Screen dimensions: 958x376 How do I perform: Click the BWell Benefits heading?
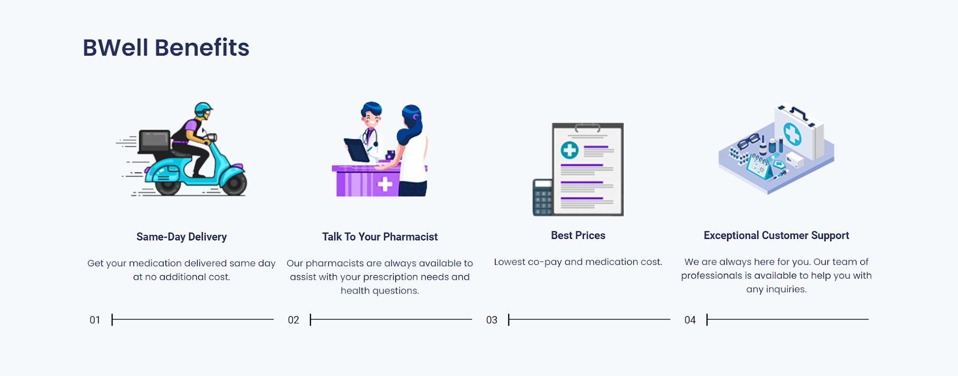click(x=166, y=47)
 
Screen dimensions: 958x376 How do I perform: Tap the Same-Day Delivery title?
click(x=182, y=237)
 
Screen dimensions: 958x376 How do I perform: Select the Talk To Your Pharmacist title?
click(x=380, y=237)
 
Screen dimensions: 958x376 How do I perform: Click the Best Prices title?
click(x=578, y=235)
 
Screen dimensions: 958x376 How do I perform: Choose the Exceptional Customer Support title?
click(x=776, y=235)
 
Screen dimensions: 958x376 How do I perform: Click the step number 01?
click(x=95, y=320)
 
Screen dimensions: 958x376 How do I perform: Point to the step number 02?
click(x=293, y=320)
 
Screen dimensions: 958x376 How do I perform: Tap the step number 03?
click(x=491, y=320)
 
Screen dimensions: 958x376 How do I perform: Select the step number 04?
click(x=690, y=320)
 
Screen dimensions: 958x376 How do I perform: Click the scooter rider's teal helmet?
click(x=203, y=108)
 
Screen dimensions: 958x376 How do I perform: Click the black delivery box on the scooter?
click(x=154, y=142)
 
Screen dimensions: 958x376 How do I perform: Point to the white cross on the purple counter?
click(x=385, y=184)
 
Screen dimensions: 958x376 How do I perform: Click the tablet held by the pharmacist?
click(x=356, y=150)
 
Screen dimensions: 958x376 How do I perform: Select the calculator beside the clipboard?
click(x=543, y=197)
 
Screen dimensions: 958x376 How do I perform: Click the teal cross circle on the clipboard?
click(x=570, y=150)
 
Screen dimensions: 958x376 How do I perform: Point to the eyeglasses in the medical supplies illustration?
click(x=749, y=141)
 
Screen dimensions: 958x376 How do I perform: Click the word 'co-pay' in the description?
click(x=545, y=262)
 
